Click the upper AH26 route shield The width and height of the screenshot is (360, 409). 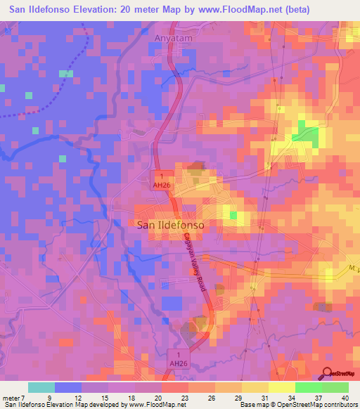pos(161,179)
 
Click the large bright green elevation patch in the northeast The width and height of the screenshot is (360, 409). pos(305,133)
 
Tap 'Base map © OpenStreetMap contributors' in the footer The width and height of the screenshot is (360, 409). pos(298,405)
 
